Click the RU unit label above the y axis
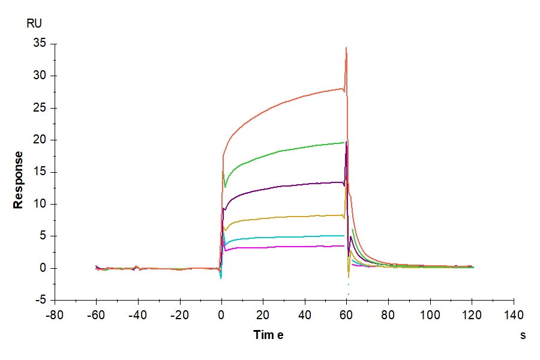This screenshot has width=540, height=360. [x=34, y=24]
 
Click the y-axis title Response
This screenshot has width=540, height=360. [x=19, y=180]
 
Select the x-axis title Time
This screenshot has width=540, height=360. [x=268, y=335]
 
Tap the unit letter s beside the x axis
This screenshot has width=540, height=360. [x=523, y=335]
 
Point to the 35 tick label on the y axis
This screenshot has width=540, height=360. [x=39, y=44]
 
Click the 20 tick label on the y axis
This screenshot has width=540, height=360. [x=39, y=140]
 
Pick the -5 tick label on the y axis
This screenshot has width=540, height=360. [x=40, y=300]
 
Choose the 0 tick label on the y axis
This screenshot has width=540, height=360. [x=43, y=268]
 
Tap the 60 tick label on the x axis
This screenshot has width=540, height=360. [x=346, y=314]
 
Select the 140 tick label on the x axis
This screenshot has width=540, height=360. [x=514, y=314]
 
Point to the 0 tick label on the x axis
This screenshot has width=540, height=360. [x=221, y=314]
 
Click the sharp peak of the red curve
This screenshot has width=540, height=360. [x=346, y=48]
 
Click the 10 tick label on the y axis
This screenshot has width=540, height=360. [x=39, y=204]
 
